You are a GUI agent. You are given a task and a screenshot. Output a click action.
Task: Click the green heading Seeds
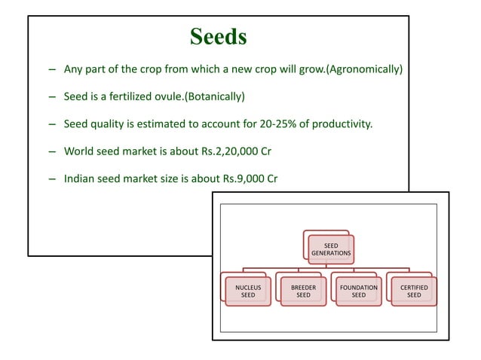pyautogui.click(x=219, y=37)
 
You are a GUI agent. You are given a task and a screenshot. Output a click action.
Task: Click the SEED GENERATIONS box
pyautogui.click(x=331, y=249)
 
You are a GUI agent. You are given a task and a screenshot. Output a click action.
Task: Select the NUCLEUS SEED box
pyautogui.click(x=247, y=291)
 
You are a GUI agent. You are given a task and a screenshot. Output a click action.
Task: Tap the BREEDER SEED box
pyautogui.click(x=303, y=291)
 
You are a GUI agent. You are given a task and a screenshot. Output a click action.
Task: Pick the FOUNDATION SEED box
pyautogui.click(x=359, y=291)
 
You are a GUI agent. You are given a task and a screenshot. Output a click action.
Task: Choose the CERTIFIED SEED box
pyautogui.click(x=414, y=291)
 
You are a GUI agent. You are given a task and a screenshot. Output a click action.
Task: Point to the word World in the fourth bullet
pyautogui.click(x=79, y=151)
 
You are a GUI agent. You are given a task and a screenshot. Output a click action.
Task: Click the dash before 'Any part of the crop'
pyautogui.click(x=51, y=70)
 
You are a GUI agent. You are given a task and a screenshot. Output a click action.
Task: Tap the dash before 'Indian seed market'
pyautogui.click(x=51, y=178)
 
